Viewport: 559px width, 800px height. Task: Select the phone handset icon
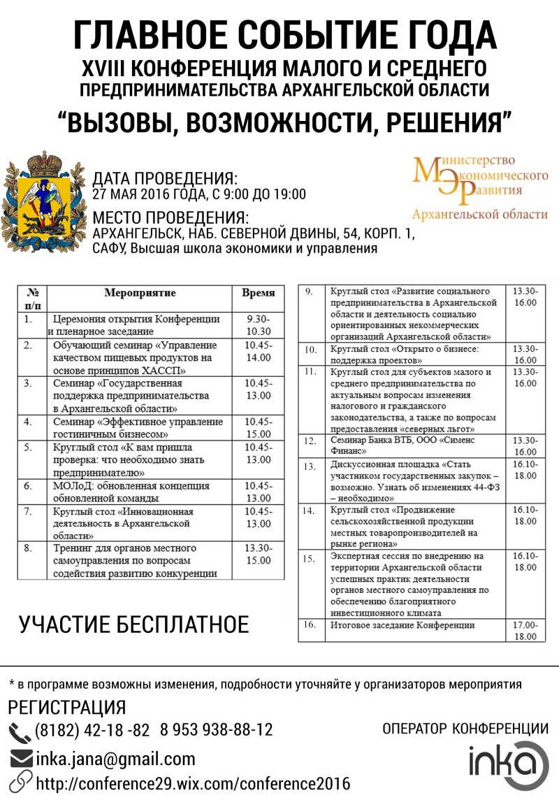pyautogui.click(x=20, y=731)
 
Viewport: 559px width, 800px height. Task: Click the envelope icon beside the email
pyautogui.click(x=21, y=759)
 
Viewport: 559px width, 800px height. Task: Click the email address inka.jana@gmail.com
pyautogui.click(x=115, y=759)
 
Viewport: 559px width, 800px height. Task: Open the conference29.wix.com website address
pyautogui.click(x=193, y=783)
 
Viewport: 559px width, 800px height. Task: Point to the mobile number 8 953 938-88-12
pyautogui.click(x=216, y=730)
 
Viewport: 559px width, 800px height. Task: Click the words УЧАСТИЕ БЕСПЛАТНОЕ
pyautogui.click(x=133, y=624)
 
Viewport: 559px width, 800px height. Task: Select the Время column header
pyautogui.click(x=259, y=293)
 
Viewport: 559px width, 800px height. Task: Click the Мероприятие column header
pyautogui.click(x=140, y=293)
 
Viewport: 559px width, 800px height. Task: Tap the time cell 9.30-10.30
pyautogui.click(x=259, y=325)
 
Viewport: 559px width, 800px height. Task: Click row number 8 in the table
pyautogui.click(x=28, y=548)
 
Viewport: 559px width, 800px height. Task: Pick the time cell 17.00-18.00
pyautogui.click(x=525, y=631)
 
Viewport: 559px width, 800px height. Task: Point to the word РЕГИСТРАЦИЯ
pyautogui.click(x=68, y=707)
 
